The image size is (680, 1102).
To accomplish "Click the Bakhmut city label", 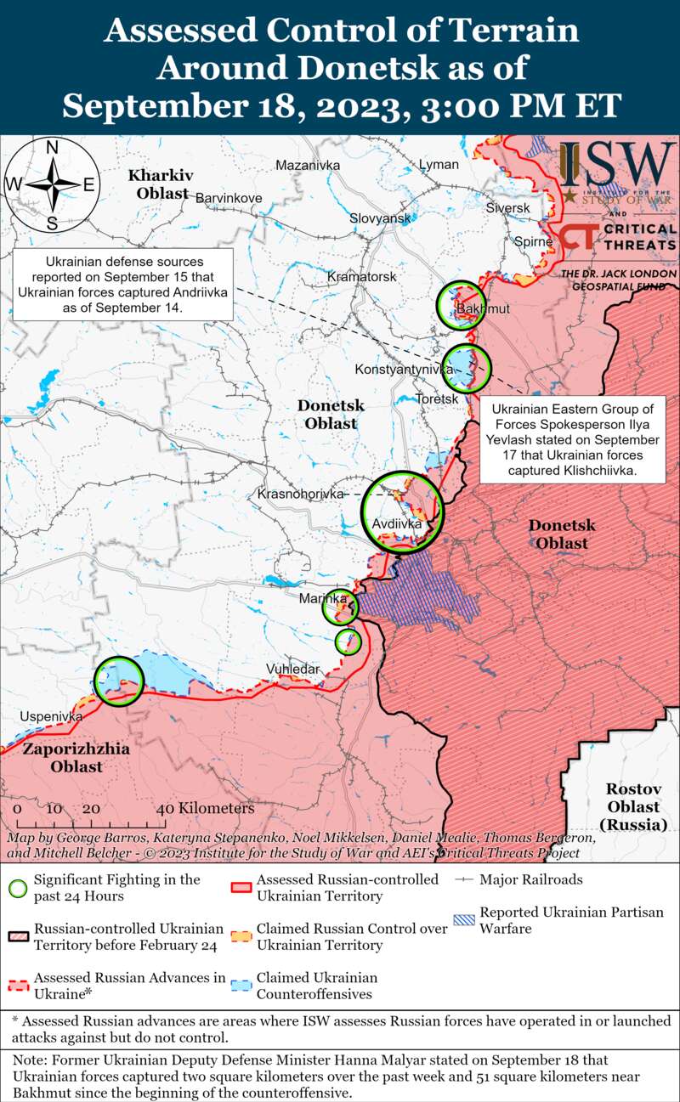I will [483, 308].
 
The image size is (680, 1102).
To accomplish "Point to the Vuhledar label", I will [293, 669].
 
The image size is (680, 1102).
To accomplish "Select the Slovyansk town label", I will [380, 218].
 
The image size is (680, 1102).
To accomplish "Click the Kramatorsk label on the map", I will [362, 277].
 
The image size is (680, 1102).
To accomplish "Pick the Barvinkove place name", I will [229, 198].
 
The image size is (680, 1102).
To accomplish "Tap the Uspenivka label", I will [51, 716].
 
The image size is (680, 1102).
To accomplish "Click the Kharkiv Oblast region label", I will [160, 184].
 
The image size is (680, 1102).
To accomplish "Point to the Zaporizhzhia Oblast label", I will [76, 758].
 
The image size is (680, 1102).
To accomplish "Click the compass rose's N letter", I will [51, 147].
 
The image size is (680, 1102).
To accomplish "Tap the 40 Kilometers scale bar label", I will [204, 809].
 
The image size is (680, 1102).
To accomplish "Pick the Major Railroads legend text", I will [531, 879].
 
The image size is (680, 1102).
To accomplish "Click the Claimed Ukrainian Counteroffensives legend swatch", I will [241, 986].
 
